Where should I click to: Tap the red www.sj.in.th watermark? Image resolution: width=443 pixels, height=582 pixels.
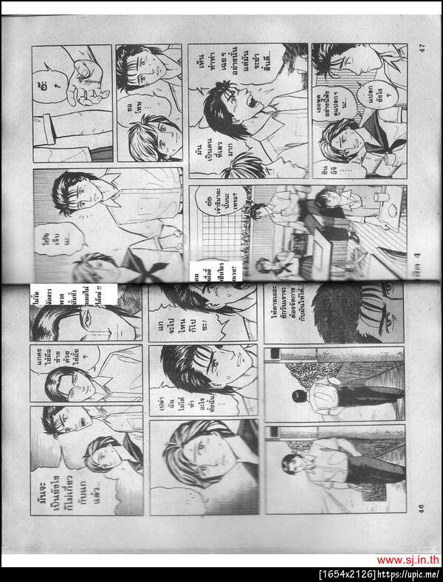408,561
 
